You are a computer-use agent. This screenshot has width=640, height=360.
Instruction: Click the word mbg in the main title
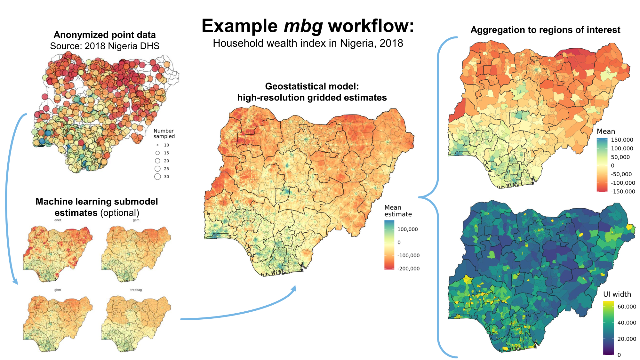(303, 26)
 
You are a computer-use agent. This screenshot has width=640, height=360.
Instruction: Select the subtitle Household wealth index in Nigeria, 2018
(308, 43)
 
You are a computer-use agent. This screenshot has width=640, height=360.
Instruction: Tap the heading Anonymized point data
(105, 35)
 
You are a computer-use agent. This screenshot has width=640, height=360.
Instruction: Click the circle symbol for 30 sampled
(157, 177)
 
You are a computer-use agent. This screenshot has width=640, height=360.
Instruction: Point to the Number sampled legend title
(164, 133)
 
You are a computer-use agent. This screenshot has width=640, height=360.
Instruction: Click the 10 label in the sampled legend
(166, 145)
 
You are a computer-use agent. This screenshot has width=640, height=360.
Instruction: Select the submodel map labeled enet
(58, 253)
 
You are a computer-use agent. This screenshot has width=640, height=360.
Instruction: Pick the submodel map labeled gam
(136, 253)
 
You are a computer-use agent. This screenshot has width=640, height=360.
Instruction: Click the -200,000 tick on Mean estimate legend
(408, 268)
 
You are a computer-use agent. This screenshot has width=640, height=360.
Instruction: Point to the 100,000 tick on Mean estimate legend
(407, 229)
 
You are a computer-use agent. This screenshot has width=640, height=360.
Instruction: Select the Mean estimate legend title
(398, 211)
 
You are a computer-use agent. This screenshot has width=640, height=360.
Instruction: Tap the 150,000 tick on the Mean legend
(622, 140)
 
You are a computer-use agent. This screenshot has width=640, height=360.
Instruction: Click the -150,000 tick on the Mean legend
(623, 192)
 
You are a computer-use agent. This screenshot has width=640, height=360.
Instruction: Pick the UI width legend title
(617, 294)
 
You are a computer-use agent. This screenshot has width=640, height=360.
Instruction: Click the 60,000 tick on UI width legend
(627, 307)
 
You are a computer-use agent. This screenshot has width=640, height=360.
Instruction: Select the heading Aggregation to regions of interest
(545, 30)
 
